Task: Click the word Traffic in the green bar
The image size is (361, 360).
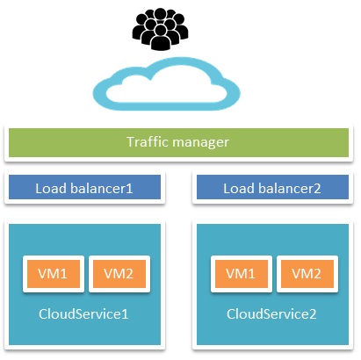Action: (x=148, y=142)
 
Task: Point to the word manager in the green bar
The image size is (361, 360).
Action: (x=203, y=142)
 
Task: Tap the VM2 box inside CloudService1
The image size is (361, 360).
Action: (x=118, y=274)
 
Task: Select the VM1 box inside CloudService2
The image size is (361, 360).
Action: (x=241, y=274)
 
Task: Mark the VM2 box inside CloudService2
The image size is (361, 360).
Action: (x=307, y=274)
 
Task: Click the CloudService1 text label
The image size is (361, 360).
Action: (x=83, y=313)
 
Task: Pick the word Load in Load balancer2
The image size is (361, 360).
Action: (x=238, y=188)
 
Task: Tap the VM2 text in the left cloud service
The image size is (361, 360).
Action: (x=118, y=274)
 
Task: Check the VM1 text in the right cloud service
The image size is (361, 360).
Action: (x=241, y=274)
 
